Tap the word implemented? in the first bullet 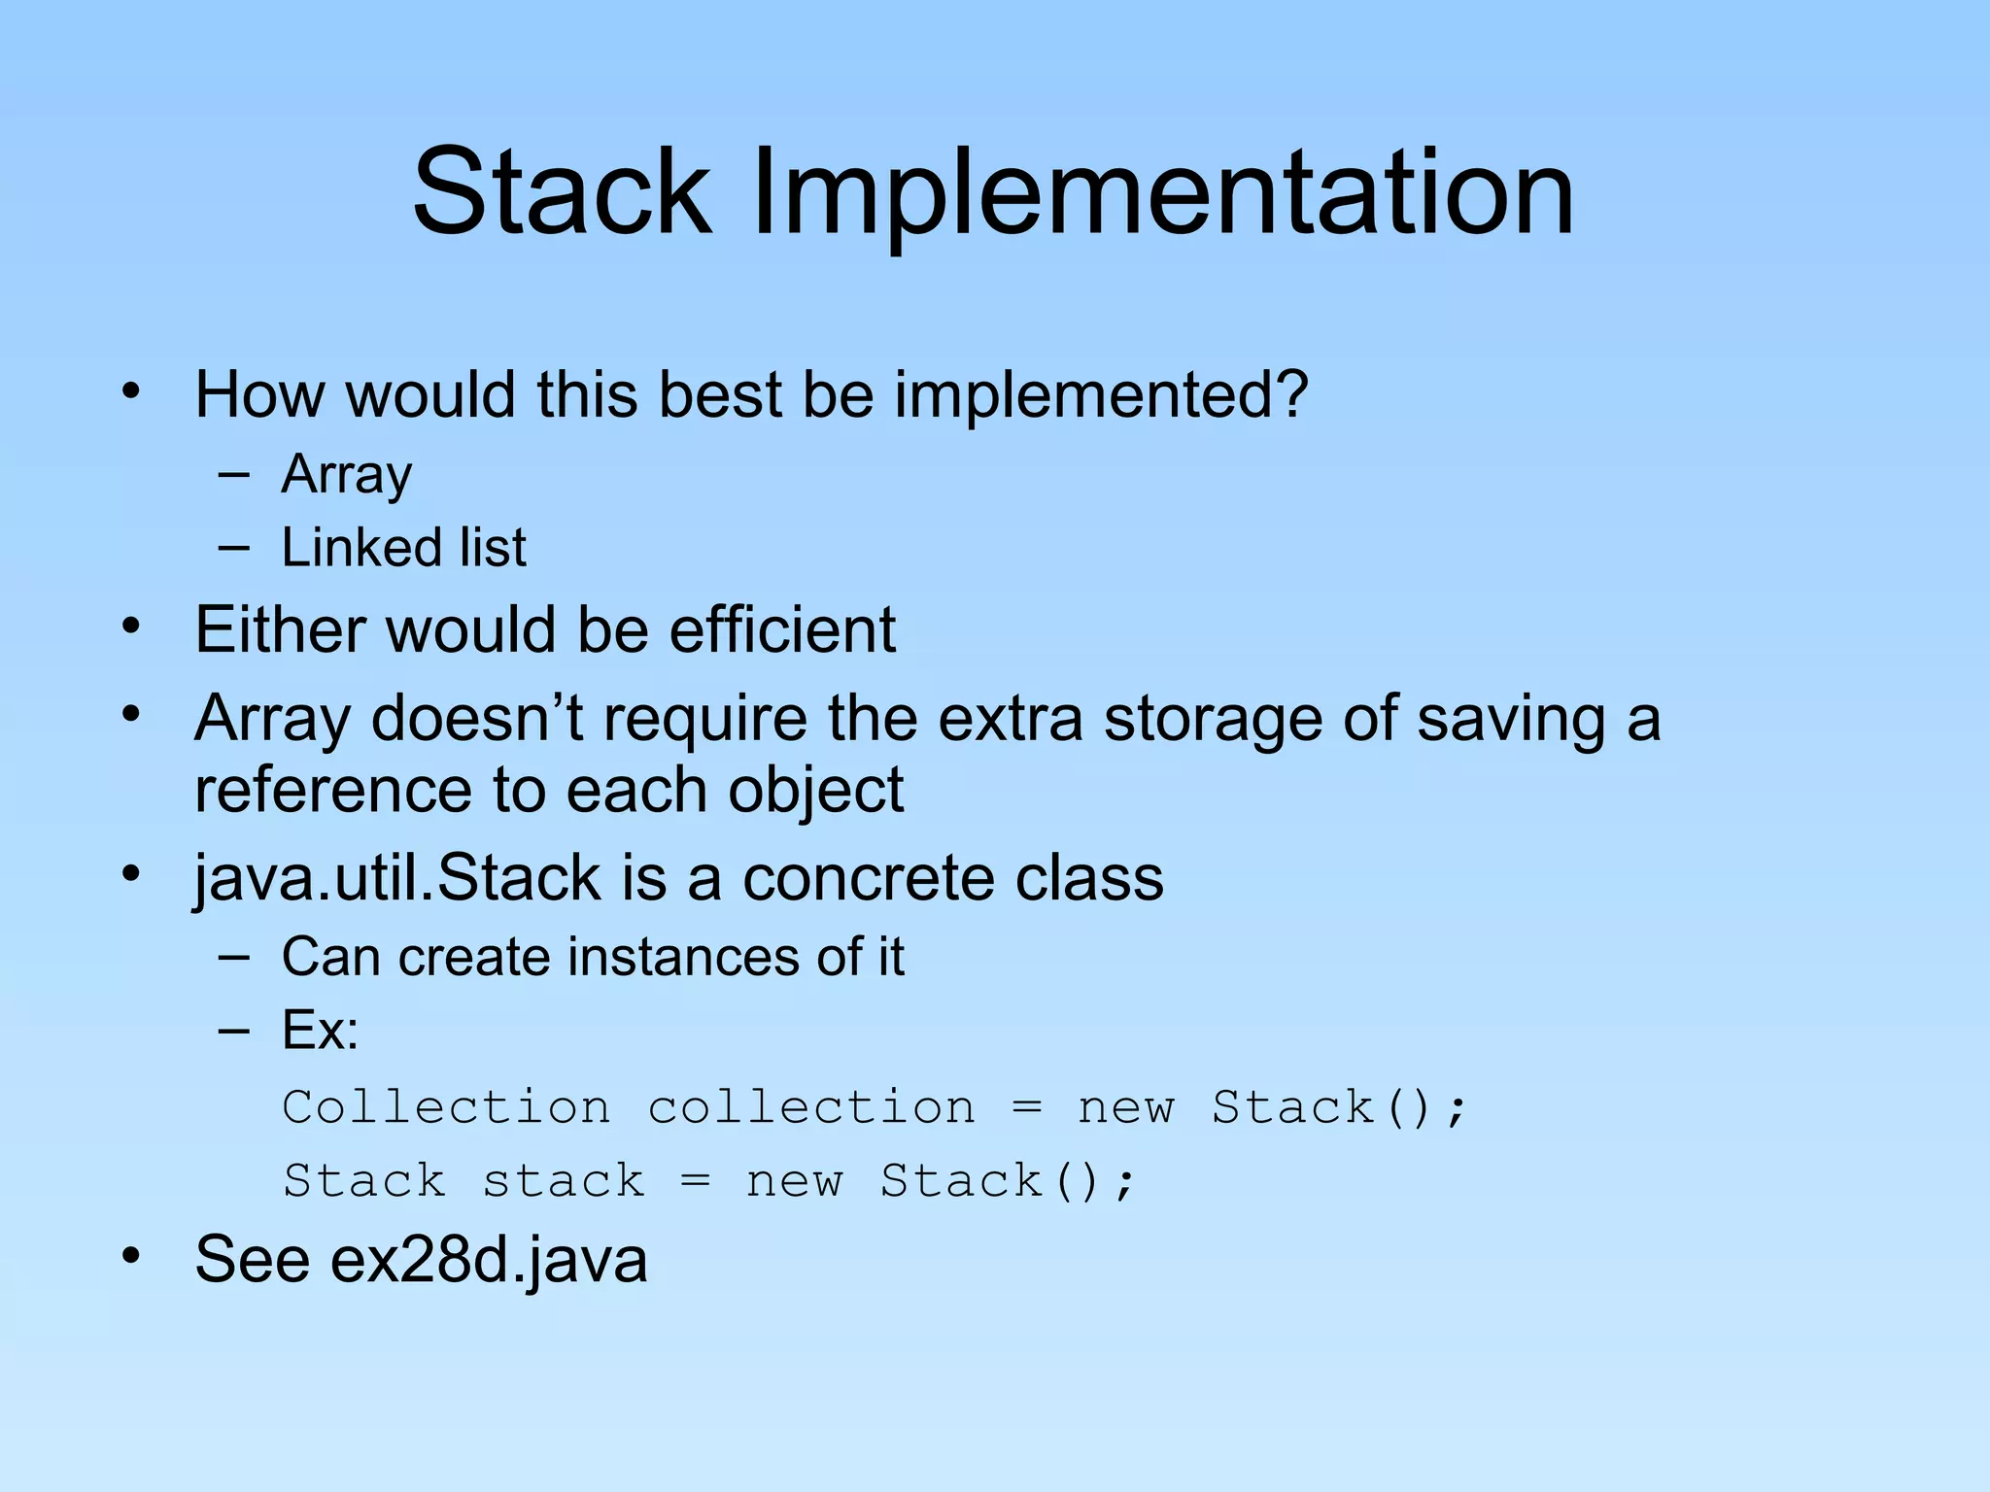pos(1101,396)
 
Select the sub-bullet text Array pos(347,475)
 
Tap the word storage pos(1214,720)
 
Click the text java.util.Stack pos(396,879)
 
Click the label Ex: pos(320,1030)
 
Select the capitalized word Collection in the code pos(446,1108)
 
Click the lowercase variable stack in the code pos(564,1182)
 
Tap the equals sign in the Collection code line pos(1026,1108)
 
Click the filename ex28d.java pos(489,1261)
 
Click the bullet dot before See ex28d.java pos(131,1257)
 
